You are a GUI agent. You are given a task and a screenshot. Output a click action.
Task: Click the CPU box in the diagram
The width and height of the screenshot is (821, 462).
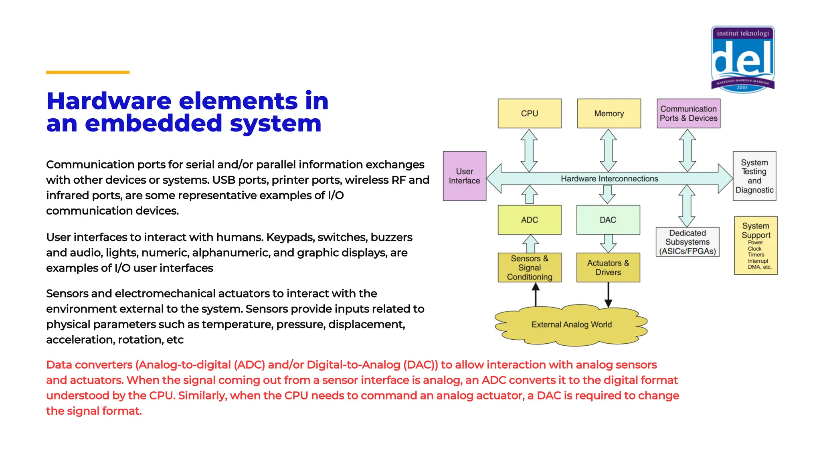click(x=529, y=113)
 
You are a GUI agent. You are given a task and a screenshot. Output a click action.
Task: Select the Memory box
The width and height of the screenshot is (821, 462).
click(x=609, y=113)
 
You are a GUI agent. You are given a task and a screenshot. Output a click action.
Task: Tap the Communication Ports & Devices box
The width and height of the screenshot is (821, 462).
click(x=688, y=113)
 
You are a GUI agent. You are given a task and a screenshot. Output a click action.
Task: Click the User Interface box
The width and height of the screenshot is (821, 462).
click(x=464, y=176)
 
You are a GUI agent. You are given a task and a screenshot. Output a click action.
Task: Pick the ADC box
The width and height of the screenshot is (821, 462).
click(x=529, y=220)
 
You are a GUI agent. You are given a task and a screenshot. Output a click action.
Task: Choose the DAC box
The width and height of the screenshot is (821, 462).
click(x=608, y=220)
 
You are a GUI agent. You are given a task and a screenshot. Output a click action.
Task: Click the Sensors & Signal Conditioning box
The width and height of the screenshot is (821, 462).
click(x=529, y=267)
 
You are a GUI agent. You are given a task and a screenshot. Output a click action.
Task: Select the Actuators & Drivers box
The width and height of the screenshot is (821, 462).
click(x=608, y=267)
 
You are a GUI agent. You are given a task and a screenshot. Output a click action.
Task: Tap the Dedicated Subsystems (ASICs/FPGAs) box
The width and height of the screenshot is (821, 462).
click(x=687, y=242)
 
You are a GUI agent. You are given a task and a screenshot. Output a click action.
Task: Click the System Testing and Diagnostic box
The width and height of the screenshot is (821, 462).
click(x=754, y=176)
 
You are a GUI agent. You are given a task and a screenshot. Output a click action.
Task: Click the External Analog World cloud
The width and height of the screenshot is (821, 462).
click(x=571, y=325)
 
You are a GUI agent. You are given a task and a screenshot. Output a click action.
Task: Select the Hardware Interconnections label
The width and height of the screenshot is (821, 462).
click(x=609, y=179)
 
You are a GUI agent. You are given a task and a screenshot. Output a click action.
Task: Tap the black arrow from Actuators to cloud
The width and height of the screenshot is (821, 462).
click(x=608, y=295)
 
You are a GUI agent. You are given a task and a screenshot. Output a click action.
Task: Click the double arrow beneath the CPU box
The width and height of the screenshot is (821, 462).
click(x=529, y=150)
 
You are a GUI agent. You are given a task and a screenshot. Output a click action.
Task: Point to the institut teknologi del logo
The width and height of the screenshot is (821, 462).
click(x=742, y=59)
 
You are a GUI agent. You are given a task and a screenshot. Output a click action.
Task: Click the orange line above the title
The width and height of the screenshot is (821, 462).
click(x=87, y=72)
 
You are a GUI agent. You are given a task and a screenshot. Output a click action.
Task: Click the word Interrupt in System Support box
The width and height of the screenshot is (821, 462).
click(x=758, y=261)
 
